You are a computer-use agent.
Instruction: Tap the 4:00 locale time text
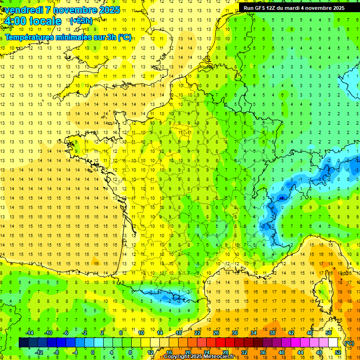(x=33, y=21)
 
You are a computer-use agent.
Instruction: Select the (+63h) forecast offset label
(x=81, y=21)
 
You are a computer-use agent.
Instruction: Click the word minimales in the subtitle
(x=68, y=37)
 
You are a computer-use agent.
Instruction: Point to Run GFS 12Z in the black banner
(x=260, y=8)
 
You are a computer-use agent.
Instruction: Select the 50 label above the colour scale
(x=328, y=333)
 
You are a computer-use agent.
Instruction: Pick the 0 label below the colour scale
(x=93, y=352)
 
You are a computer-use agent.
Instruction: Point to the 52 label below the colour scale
(x=337, y=352)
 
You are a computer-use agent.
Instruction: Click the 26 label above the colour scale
(x=216, y=333)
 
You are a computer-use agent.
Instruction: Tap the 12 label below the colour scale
(x=150, y=352)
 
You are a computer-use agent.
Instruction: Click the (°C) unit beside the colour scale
(x=349, y=343)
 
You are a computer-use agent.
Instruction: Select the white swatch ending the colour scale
(x=333, y=343)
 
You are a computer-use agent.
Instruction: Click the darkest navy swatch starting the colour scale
(x=23, y=343)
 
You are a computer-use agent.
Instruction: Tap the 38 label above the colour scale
(x=272, y=333)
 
